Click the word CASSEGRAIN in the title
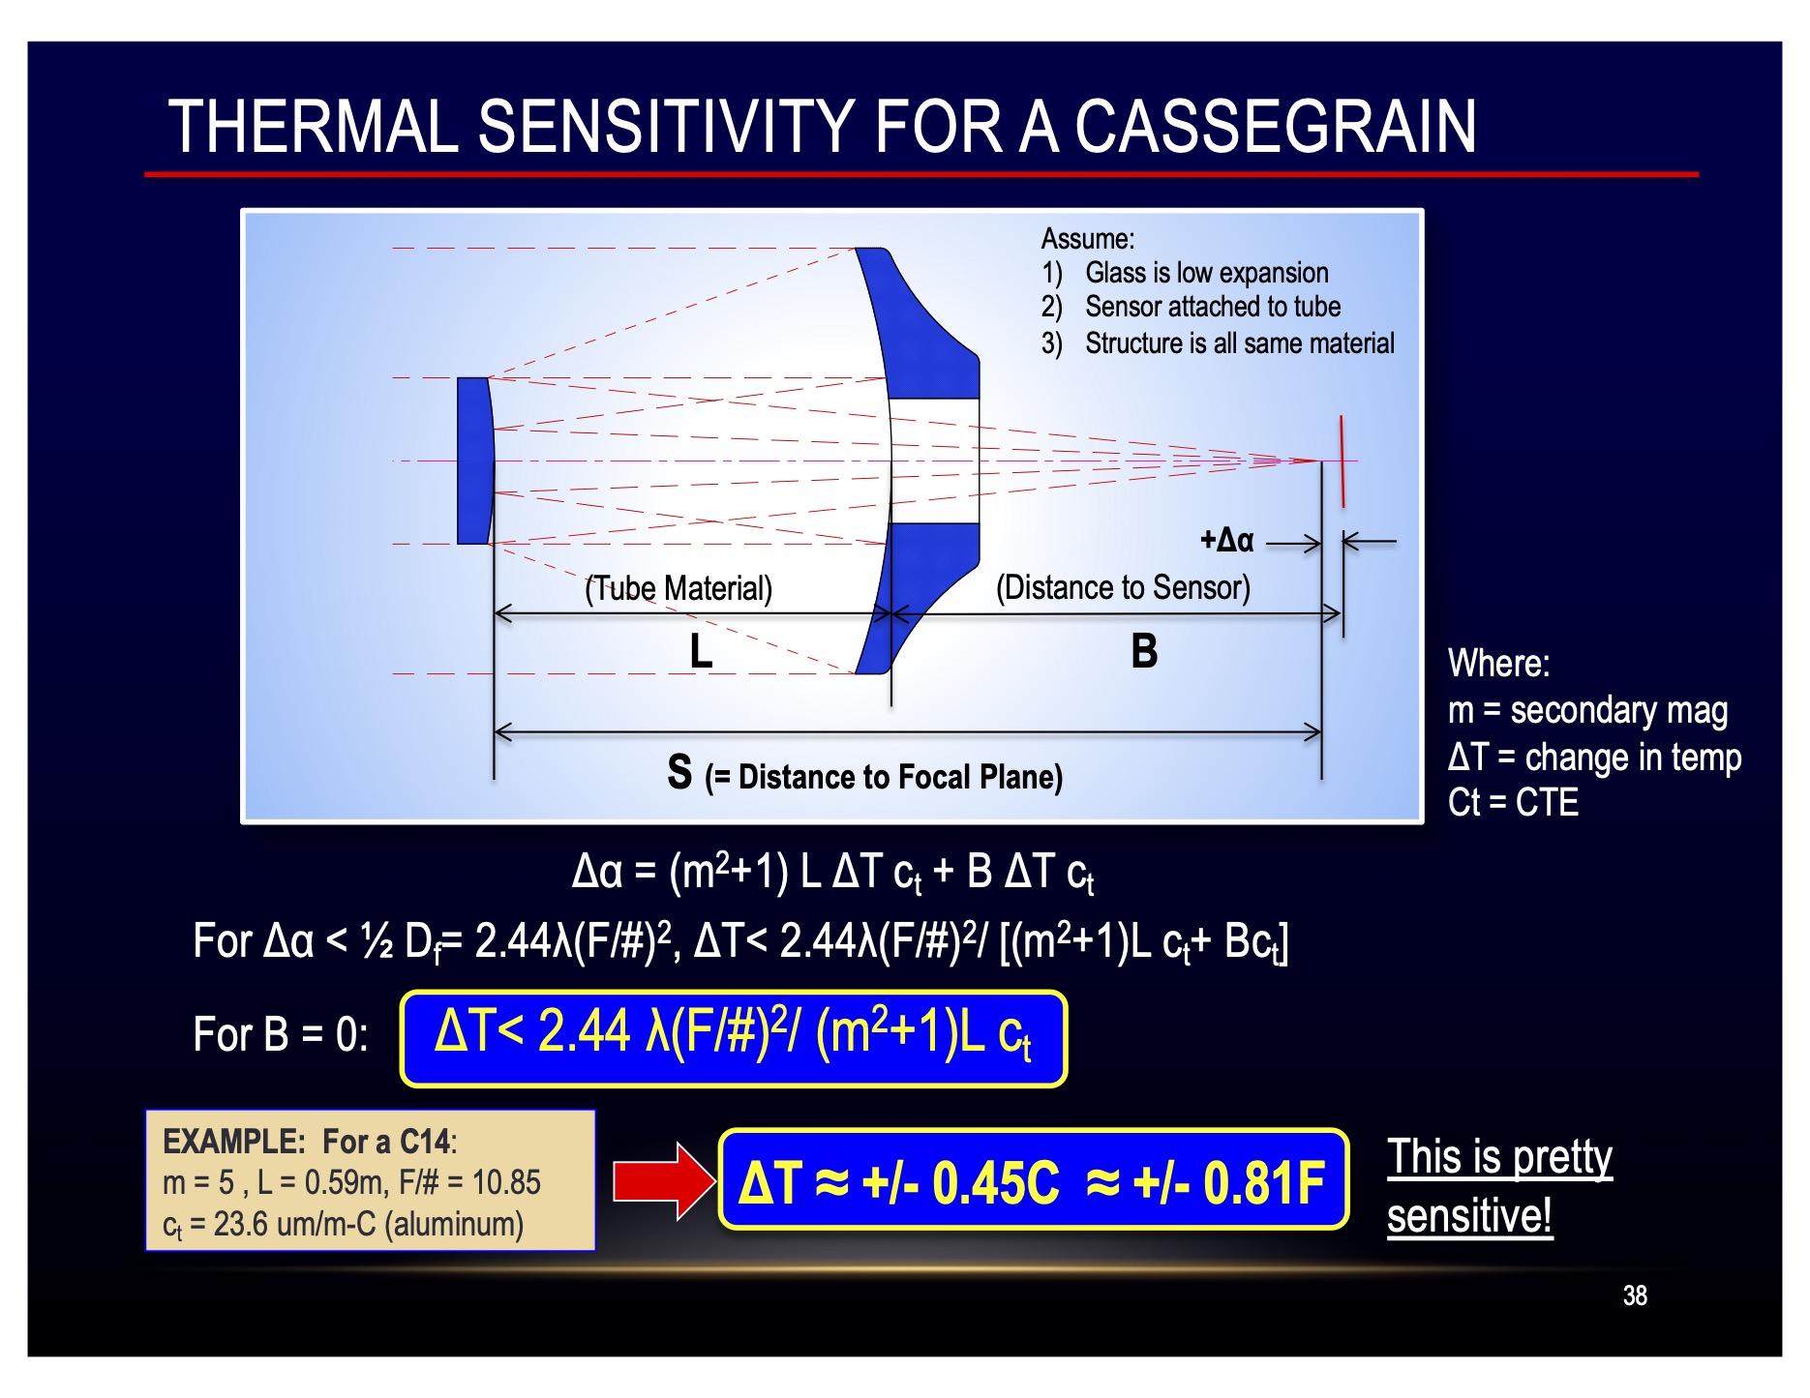point(1276,126)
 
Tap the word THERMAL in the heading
point(313,126)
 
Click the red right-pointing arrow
point(663,1181)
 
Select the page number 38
point(1635,1295)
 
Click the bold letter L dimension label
point(701,650)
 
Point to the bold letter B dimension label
point(1144,650)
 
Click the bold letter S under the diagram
point(679,772)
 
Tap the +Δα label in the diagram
point(1226,540)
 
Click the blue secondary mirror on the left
point(475,461)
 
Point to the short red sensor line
point(1342,461)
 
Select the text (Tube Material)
point(679,588)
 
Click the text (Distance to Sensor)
point(1123,587)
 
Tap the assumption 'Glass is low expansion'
point(1207,273)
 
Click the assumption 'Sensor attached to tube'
point(1213,307)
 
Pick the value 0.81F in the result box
point(1264,1182)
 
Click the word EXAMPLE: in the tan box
point(234,1142)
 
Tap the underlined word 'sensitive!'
point(1469,1215)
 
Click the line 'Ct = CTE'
point(1513,802)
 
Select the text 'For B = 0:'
point(281,1034)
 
